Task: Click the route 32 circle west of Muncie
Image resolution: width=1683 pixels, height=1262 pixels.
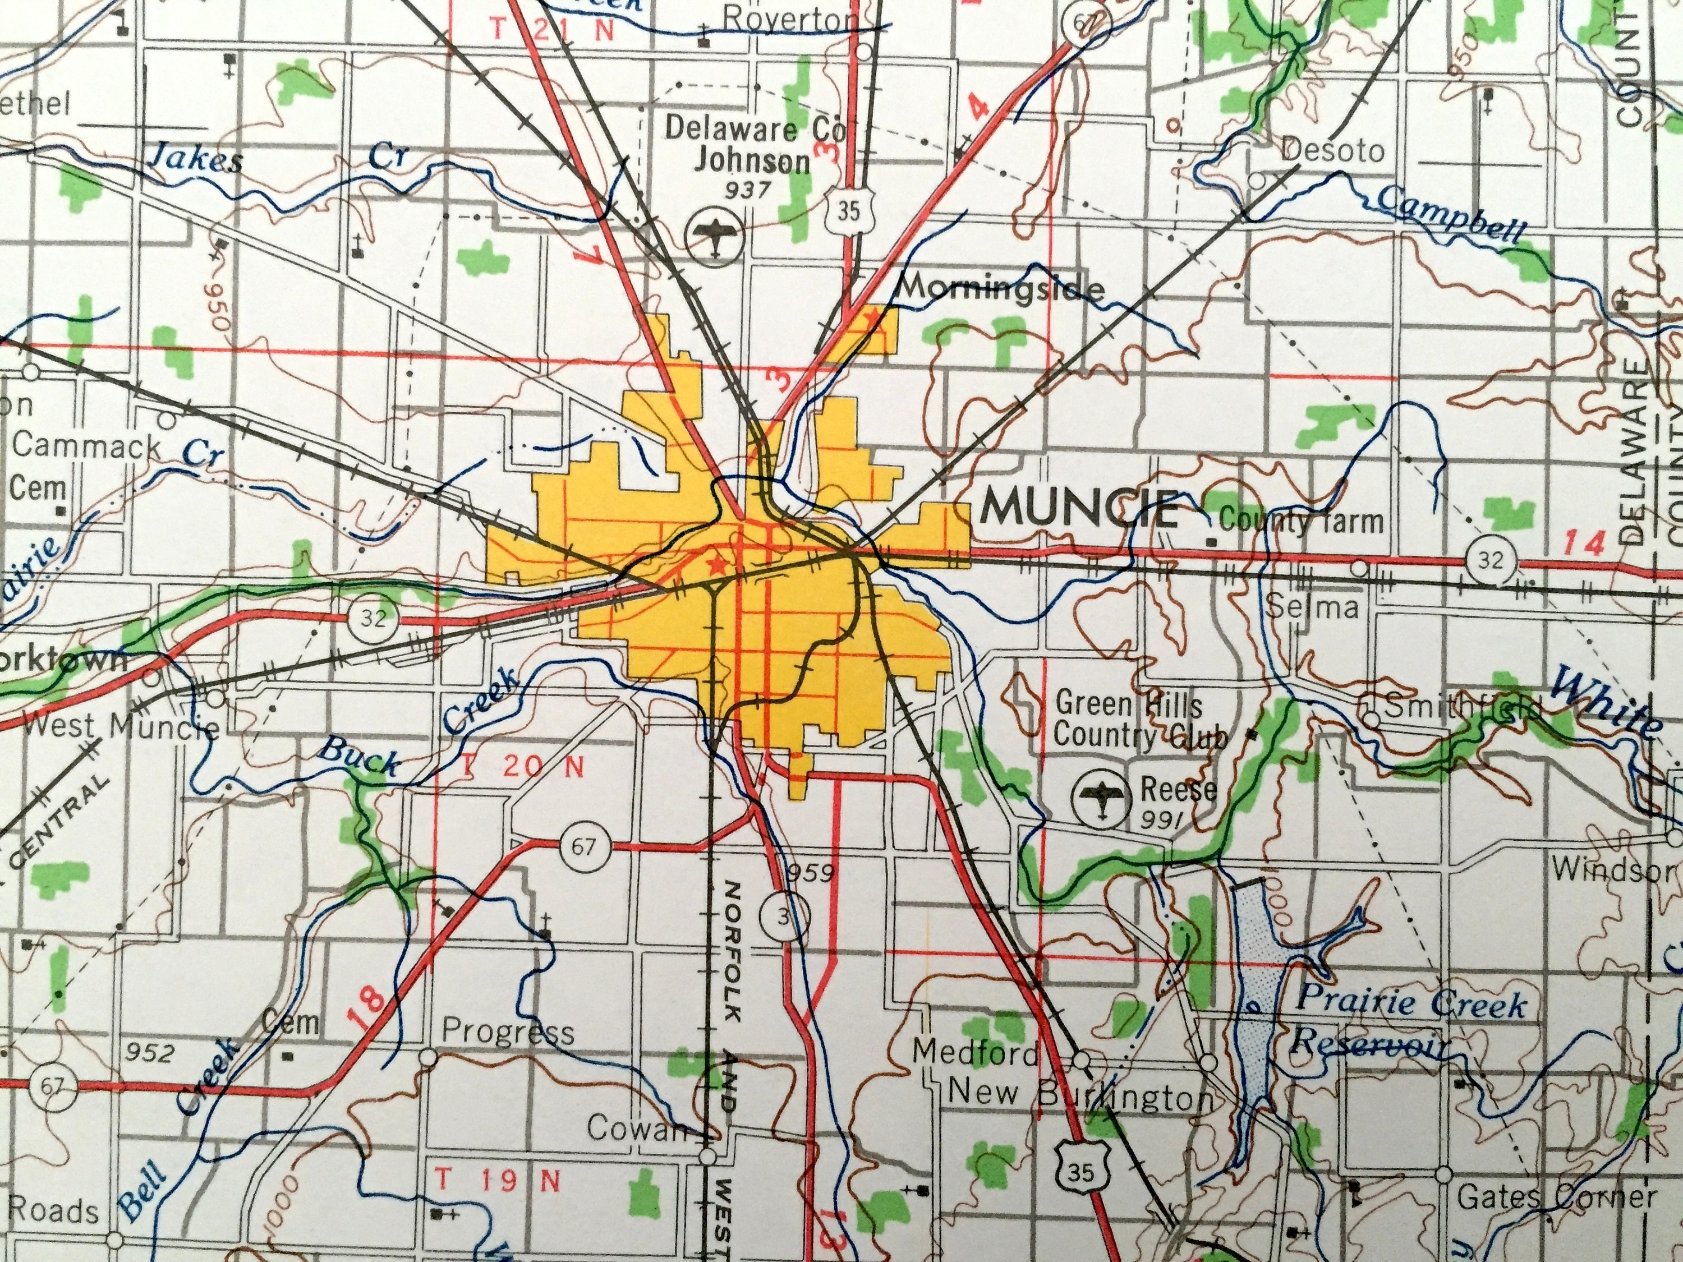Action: (373, 617)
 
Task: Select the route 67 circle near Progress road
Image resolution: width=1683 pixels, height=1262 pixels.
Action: (583, 846)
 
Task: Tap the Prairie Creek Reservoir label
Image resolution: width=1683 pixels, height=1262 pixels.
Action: (1408, 1024)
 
